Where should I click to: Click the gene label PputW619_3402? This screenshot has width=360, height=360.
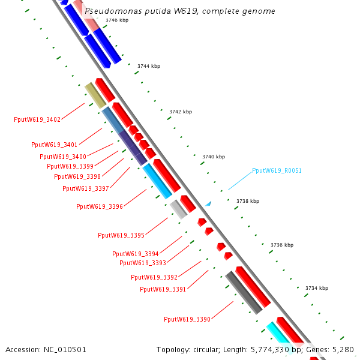[x=37, y=119]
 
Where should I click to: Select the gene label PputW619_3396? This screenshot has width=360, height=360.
[x=100, y=206]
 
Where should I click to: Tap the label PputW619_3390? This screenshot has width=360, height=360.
[x=187, y=319]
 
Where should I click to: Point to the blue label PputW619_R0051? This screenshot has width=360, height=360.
[x=277, y=170]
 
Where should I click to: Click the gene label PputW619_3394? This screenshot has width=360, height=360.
[x=136, y=254]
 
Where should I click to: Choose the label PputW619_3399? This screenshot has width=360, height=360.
[x=70, y=166]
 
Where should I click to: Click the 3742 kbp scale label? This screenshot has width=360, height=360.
[x=181, y=112]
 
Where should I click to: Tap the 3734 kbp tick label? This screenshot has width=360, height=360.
[x=317, y=289]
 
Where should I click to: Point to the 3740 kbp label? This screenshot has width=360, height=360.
[x=214, y=157]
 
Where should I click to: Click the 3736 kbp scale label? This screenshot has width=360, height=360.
[x=282, y=245]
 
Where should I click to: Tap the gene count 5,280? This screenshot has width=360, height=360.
[x=344, y=349]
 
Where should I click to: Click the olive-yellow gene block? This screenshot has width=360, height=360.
[x=95, y=95]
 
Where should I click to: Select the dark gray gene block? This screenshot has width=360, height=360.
[x=244, y=292]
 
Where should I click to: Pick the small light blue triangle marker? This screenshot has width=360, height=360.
[x=208, y=204]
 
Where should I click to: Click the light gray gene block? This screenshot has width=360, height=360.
[x=178, y=209]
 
